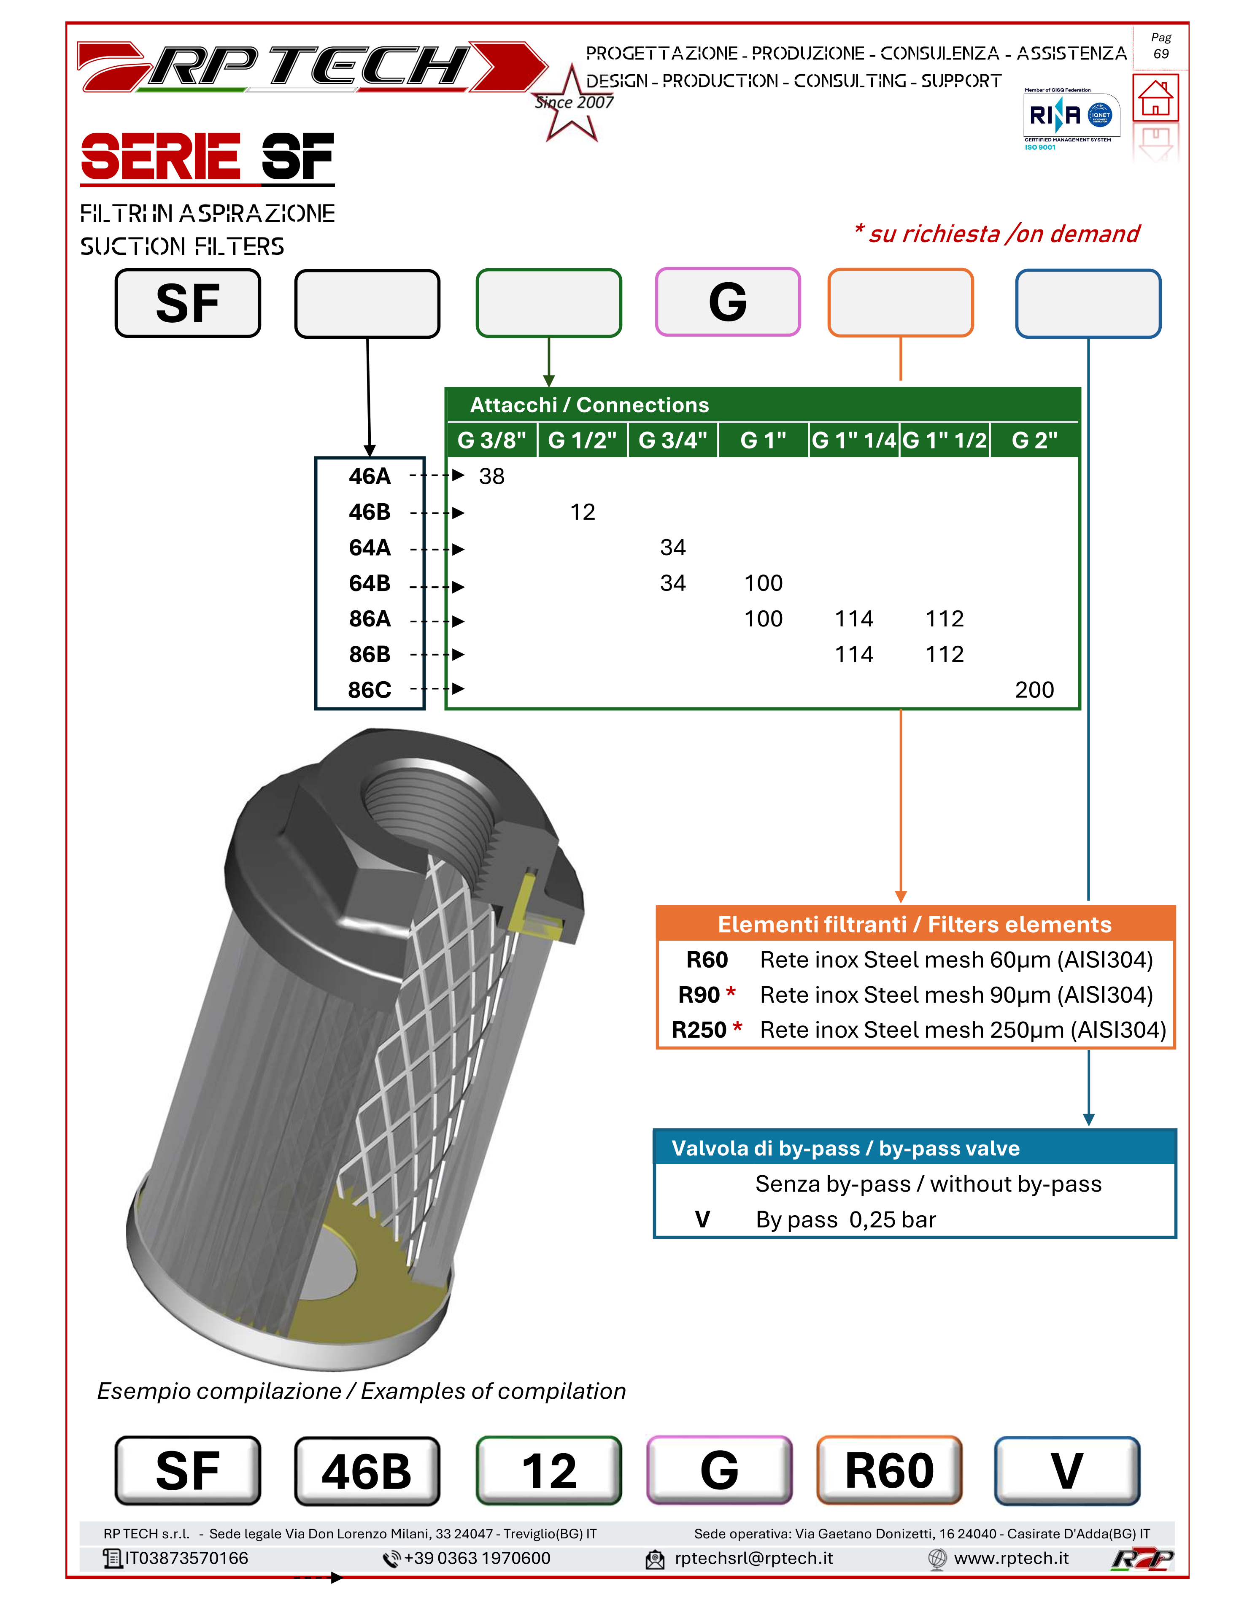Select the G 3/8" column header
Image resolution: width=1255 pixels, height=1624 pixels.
[x=491, y=440]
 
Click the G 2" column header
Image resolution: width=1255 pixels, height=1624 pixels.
[x=1034, y=440]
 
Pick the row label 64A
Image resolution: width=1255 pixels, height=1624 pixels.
[x=370, y=548]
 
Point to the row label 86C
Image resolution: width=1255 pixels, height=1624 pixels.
[x=370, y=690]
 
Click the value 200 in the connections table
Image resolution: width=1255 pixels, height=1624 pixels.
[x=1034, y=690]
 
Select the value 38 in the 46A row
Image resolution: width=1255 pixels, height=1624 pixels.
[x=491, y=476]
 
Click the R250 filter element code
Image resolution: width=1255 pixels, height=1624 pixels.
[x=699, y=1030]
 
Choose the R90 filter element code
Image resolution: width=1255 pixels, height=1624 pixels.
[x=699, y=995]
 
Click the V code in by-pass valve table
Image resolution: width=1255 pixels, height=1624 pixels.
[x=702, y=1219]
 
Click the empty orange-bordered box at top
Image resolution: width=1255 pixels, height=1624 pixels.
[x=900, y=302]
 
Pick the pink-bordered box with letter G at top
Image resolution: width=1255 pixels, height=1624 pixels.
[x=727, y=302]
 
